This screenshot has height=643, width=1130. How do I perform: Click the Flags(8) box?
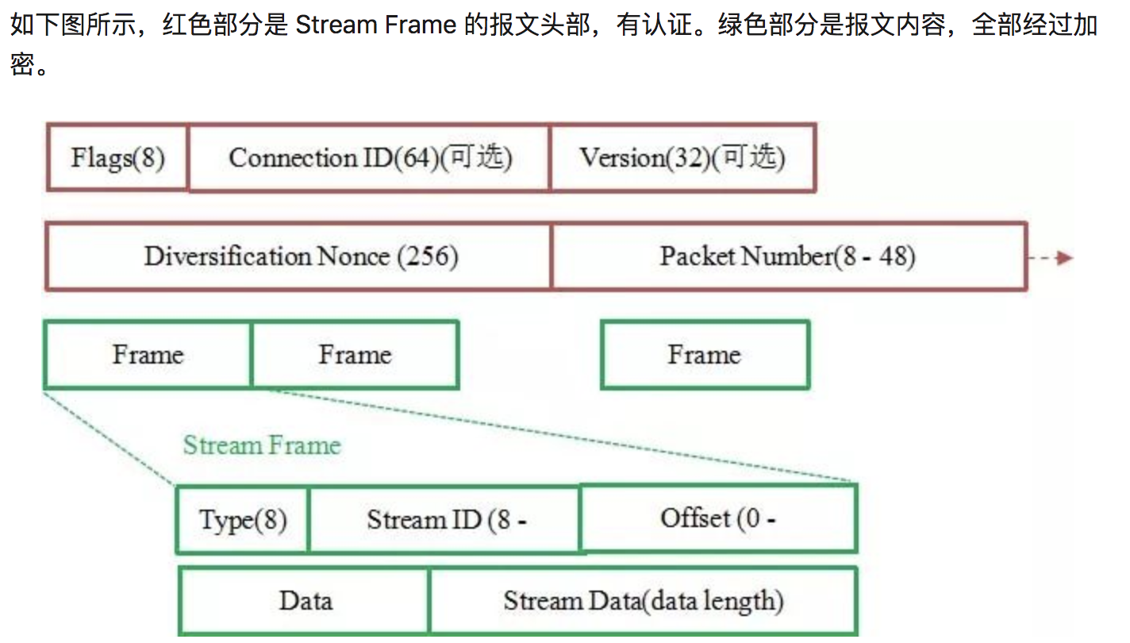coord(117,158)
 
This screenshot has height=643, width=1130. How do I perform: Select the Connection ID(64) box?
coord(369,158)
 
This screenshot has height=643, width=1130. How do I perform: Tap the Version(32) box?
coord(682,158)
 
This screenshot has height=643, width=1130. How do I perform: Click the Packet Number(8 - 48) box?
coord(788,256)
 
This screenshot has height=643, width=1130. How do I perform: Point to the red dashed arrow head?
coord(1065,258)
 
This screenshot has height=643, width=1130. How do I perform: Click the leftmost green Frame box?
coord(148,354)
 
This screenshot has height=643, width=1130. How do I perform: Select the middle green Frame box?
coord(355,354)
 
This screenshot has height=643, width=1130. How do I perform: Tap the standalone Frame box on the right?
coord(705,354)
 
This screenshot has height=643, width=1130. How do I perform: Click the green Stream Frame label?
coord(262,445)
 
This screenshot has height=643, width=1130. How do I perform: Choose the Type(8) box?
coord(242,520)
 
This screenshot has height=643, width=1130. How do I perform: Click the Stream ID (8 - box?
coord(444,520)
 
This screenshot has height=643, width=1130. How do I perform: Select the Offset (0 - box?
coord(718,518)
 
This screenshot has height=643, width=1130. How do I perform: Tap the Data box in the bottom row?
coord(305,601)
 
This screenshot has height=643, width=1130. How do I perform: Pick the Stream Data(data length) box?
coord(643,601)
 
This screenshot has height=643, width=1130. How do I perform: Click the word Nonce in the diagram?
coord(352,256)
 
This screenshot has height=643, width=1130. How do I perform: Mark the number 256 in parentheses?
coord(428,257)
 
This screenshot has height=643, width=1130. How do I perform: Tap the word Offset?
coord(695,518)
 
